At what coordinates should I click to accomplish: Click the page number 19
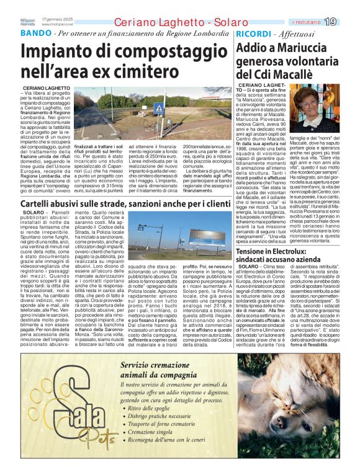click(x=348, y=22)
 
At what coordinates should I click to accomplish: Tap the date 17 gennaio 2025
click(x=60, y=19)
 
